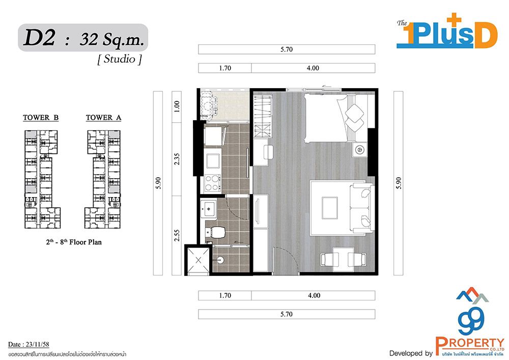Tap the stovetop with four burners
pyautogui.click(x=213, y=183)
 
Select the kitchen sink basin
pyautogui.click(x=213, y=161)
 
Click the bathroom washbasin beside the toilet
pyautogui.click(x=208, y=208)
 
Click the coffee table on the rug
pyautogui.click(x=330, y=208)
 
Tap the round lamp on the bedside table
pyautogui.click(x=359, y=150)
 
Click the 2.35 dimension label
pyautogui.click(x=177, y=159)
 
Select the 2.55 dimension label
pyautogui.click(x=177, y=235)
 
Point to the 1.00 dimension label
pyautogui.click(x=177, y=106)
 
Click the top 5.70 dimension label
pyautogui.click(x=286, y=49)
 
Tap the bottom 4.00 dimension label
pyautogui.click(x=314, y=295)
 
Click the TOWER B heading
pyautogui.click(x=41, y=118)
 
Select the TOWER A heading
pyautogui.click(x=103, y=118)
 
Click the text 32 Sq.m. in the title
pyautogui.click(x=111, y=40)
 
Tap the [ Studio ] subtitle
pyautogui.click(x=120, y=59)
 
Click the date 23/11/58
pyautogui.click(x=36, y=344)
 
